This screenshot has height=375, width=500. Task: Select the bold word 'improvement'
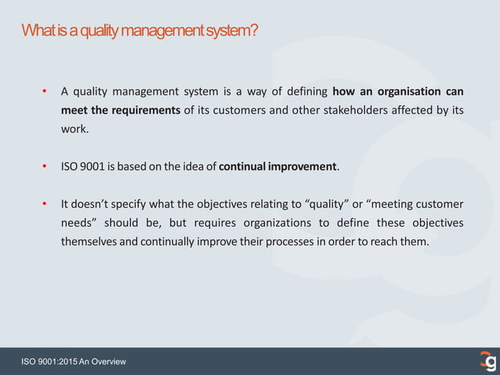click(x=303, y=166)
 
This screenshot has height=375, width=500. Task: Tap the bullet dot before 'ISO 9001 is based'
click(x=45, y=167)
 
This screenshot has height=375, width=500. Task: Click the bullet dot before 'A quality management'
click(x=45, y=92)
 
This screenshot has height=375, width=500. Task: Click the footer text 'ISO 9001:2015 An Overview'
click(x=73, y=362)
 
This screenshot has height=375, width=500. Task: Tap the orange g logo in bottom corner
click(x=488, y=361)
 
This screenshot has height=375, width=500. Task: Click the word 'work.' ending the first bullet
click(x=76, y=129)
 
